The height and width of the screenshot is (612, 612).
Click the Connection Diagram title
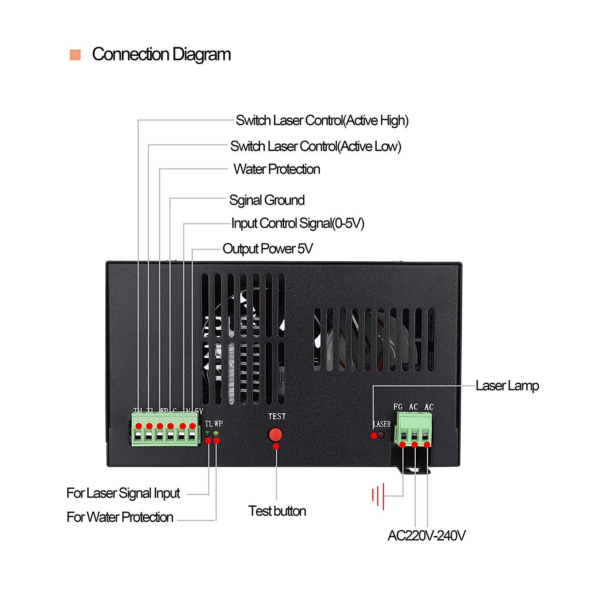[x=161, y=54]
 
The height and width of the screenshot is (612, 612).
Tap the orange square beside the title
[x=75, y=55]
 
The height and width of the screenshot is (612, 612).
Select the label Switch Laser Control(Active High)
[x=322, y=120]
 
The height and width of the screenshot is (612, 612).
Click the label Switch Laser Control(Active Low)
[x=315, y=146]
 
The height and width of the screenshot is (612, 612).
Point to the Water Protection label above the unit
[x=277, y=169]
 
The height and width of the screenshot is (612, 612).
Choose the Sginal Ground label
[x=267, y=200]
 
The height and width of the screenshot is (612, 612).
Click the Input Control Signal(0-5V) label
[x=297, y=223]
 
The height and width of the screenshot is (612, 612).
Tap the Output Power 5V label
[x=267, y=248]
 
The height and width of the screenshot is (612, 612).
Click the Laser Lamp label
[x=507, y=386]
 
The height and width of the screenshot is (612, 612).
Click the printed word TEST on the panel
[x=277, y=416]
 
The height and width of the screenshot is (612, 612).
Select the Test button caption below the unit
[x=277, y=511]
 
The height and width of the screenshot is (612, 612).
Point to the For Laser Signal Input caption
[x=123, y=493]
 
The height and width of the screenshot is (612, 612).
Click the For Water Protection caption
[x=120, y=517]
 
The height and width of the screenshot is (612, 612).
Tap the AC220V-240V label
[x=426, y=535]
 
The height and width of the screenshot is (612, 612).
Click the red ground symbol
[x=378, y=496]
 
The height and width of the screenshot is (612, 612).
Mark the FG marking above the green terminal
[x=398, y=407]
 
